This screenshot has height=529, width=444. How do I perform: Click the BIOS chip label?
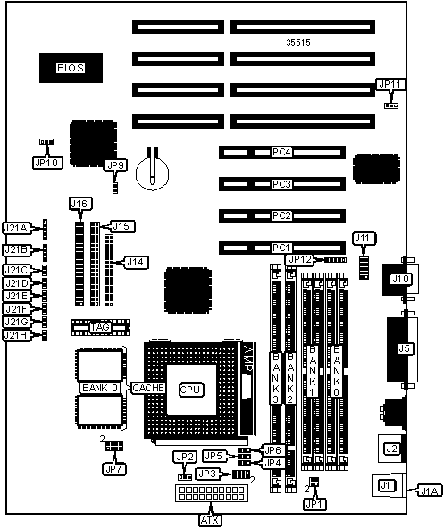click(71, 68)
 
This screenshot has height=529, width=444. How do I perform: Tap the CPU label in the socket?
click(190, 390)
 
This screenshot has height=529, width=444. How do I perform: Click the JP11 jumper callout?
click(390, 84)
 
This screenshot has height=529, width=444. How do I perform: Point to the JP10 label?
click(47, 163)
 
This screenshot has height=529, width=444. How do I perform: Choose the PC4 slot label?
click(281, 152)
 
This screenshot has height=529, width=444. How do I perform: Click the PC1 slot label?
click(281, 248)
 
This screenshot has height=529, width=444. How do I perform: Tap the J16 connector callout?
click(80, 204)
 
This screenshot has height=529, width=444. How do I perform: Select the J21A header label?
click(16, 229)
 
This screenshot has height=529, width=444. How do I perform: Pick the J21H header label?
click(16, 335)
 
